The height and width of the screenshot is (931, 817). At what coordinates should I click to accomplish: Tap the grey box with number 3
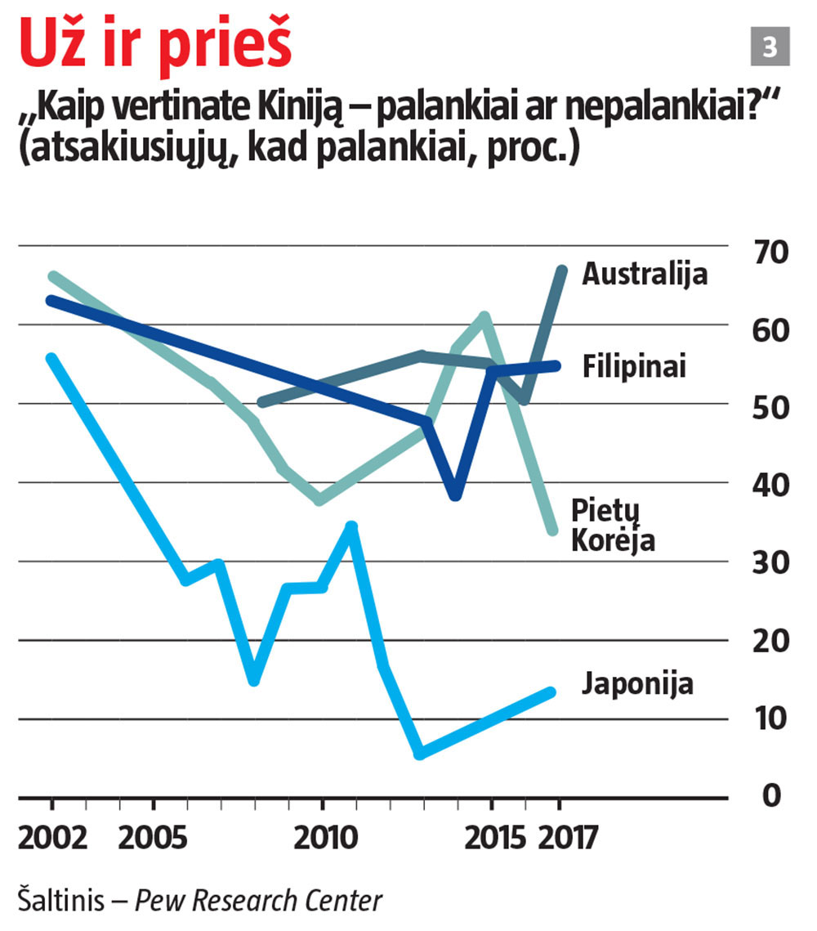[770, 47]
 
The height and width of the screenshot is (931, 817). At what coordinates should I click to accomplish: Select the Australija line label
[645, 275]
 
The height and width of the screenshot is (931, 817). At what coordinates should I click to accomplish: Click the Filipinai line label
[633, 366]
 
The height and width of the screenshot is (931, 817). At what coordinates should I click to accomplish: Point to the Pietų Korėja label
[612, 526]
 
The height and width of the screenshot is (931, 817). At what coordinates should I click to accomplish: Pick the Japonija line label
[637, 683]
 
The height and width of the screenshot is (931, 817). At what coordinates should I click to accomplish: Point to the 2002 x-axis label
[51, 838]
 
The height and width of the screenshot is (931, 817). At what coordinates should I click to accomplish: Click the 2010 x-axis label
[322, 838]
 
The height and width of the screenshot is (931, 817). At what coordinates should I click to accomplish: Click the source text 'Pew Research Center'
[258, 901]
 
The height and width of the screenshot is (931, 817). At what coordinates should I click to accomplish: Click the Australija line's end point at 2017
[562, 269]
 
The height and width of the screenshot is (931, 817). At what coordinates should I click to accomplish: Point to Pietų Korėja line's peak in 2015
[485, 316]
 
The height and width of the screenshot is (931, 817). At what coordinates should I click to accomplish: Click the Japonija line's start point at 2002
[51, 359]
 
